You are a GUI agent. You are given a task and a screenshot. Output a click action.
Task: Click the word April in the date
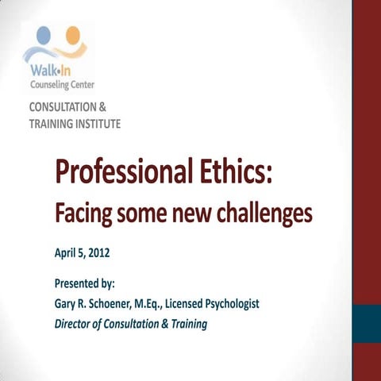click(x=65, y=254)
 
